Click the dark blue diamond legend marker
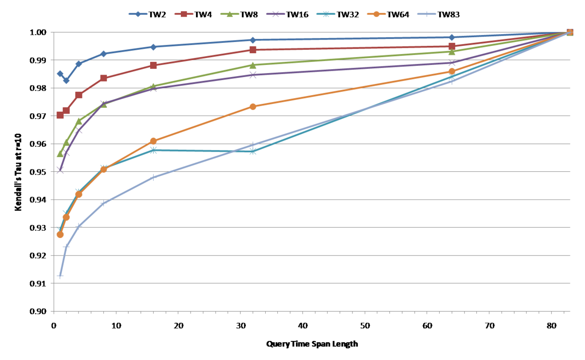(138, 14)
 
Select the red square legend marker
(184, 14)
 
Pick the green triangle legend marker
(230, 14)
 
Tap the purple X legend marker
(275, 14)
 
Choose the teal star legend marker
(326, 14)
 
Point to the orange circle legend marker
(376, 14)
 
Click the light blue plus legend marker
(427, 14)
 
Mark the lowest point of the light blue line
(60, 276)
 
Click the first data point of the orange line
(60, 235)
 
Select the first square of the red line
(60, 115)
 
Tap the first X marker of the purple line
(60, 170)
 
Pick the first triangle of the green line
(60, 154)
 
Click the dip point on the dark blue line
(66, 80)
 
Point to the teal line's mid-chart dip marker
(253, 151)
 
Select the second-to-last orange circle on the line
(452, 71)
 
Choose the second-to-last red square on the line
(452, 46)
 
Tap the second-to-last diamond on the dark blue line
(452, 37)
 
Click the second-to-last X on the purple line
(452, 62)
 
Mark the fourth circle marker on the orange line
(103, 169)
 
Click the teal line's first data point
(60, 229)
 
